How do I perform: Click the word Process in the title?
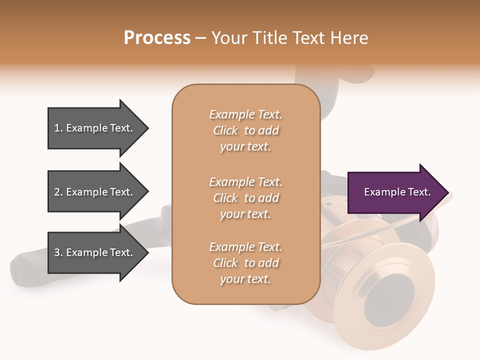point(157,38)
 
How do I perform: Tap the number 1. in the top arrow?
point(58,128)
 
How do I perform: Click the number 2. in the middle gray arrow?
point(58,192)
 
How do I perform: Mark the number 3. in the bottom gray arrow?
point(58,252)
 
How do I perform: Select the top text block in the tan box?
point(245,130)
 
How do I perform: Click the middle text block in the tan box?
point(245,198)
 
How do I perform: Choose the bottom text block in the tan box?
point(245,263)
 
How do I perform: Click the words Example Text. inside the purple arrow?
point(397,192)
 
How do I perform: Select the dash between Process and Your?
point(201,38)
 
